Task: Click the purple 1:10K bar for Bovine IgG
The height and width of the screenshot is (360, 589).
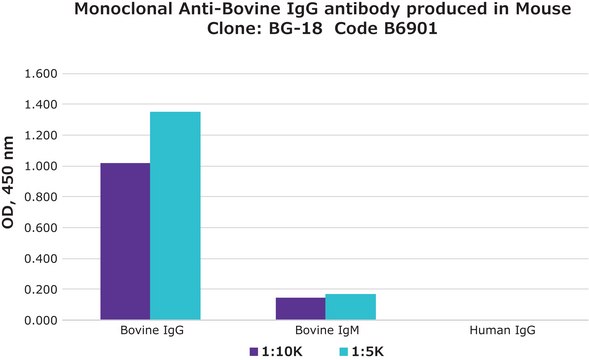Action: click(125, 241)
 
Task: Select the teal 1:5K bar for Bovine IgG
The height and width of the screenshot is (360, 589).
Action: click(175, 216)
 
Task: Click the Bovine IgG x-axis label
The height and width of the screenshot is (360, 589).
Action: click(150, 330)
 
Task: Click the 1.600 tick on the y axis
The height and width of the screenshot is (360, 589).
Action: click(43, 74)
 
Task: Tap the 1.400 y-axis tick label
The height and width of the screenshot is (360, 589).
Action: click(43, 105)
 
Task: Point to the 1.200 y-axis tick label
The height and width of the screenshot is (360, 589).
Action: click(43, 136)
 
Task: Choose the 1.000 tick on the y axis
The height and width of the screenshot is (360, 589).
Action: click(43, 166)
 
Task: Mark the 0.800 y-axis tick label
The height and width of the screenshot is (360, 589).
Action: click(43, 197)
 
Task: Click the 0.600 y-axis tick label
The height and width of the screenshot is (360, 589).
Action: click(43, 228)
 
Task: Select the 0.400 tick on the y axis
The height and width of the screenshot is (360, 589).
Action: click(43, 259)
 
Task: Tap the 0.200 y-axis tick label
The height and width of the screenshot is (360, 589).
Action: click(43, 290)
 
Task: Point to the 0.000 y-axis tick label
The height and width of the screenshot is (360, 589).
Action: click(43, 320)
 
